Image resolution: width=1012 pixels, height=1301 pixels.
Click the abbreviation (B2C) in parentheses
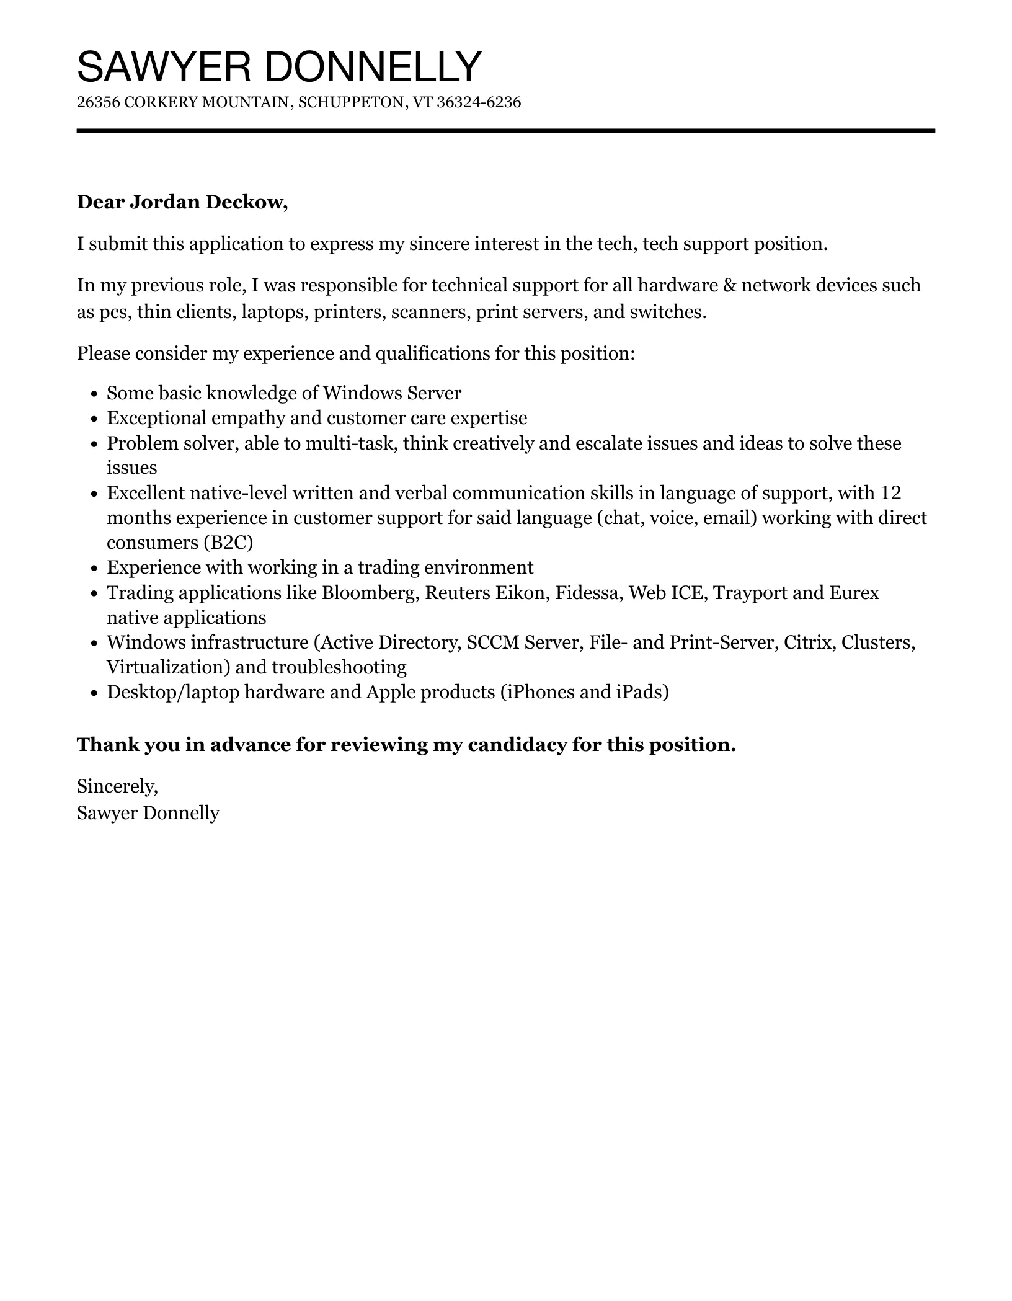228,543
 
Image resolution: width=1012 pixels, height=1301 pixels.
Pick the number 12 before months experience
890,493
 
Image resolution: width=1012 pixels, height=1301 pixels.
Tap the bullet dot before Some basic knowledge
94,394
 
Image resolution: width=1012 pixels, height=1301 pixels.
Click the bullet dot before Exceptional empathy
94,419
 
